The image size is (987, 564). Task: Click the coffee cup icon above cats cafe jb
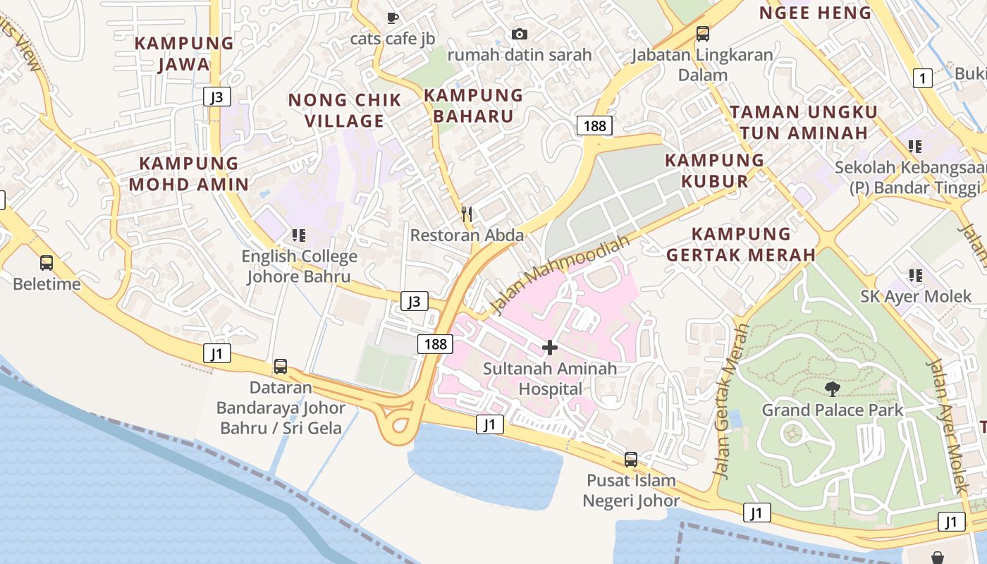point(393,17)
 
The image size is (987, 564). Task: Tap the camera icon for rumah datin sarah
point(520,34)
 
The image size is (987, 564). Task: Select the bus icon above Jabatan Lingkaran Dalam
point(702,33)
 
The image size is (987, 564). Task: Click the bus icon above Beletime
point(47,263)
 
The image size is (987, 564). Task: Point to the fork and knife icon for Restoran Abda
point(467,214)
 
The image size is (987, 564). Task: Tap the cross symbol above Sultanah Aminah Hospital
point(550,347)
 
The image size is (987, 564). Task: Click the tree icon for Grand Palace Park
point(832,388)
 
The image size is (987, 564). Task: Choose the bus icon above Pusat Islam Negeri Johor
point(631,460)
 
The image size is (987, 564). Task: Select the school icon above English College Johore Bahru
point(299,235)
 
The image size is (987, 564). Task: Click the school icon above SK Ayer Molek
point(916,275)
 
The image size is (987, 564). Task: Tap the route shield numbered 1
point(922,78)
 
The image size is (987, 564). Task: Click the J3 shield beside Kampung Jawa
point(216,97)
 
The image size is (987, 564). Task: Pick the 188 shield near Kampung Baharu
point(594,125)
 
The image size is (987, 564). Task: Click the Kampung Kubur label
point(715,171)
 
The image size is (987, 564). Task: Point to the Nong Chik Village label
point(345,110)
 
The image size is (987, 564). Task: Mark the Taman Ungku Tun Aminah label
point(804,122)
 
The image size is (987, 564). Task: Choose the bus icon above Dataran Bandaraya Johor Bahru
point(281,367)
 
